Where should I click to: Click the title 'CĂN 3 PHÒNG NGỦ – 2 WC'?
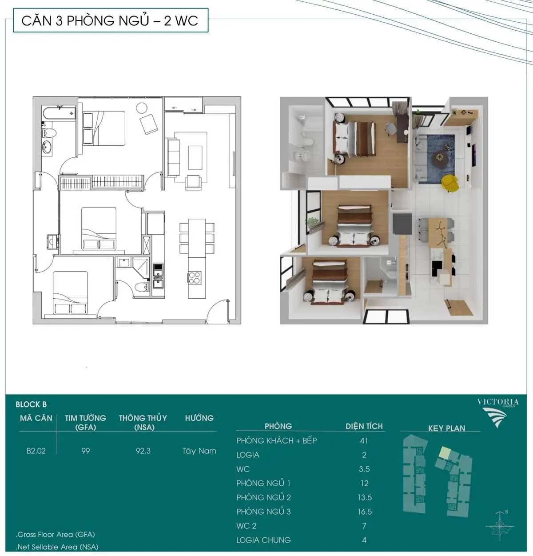[110, 20]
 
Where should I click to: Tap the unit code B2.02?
[36, 451]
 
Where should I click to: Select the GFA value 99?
[85, 451]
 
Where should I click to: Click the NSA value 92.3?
[143, 451]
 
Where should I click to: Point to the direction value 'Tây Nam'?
[199, 451]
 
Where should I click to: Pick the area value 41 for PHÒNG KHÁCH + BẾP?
[364, 440]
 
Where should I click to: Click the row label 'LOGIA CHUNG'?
[263, 540]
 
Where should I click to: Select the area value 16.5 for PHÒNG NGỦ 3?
[365, 511]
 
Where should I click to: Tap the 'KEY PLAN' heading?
[446, 428]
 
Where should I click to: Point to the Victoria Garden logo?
[498, 412]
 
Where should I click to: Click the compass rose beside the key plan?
[500, 526]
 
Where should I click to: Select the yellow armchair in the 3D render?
[449, 183]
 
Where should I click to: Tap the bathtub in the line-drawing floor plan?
[59, 112]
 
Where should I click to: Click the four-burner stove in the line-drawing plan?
[195, 277]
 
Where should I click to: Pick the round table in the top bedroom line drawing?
[142, 108]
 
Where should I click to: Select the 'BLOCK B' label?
[31, 404]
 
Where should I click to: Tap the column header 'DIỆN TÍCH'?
[364, 426]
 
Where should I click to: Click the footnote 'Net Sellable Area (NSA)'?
[57, 547]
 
